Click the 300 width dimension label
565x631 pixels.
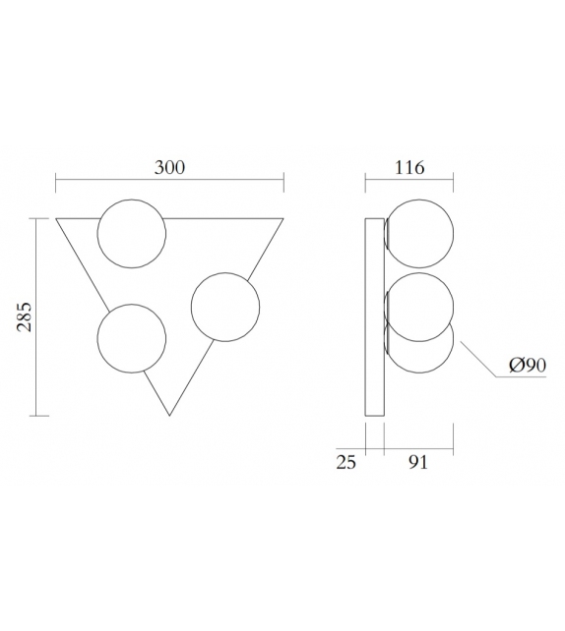click(x=169, y=167)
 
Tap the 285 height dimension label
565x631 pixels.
click(x=25, y=316)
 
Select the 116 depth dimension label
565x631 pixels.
click(x=408, y=167)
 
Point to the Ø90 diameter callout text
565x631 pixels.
click(x=528, y=366)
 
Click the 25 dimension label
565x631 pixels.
click(x=345, y=463)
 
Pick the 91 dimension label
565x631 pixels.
click(x=418, y=463)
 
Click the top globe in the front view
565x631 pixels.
click(x=132, y=232)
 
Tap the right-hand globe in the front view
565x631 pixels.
click(x=224, y=309)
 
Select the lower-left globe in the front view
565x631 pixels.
click(x=131, y=338)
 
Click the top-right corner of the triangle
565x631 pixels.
click(x=283, y=217)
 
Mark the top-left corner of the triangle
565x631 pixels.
click(x=56, y=217)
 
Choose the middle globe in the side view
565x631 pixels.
click(x=419, y=306)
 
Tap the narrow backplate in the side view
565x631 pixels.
click(x=374, y=315)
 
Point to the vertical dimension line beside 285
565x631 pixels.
click(x=37, y=316)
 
